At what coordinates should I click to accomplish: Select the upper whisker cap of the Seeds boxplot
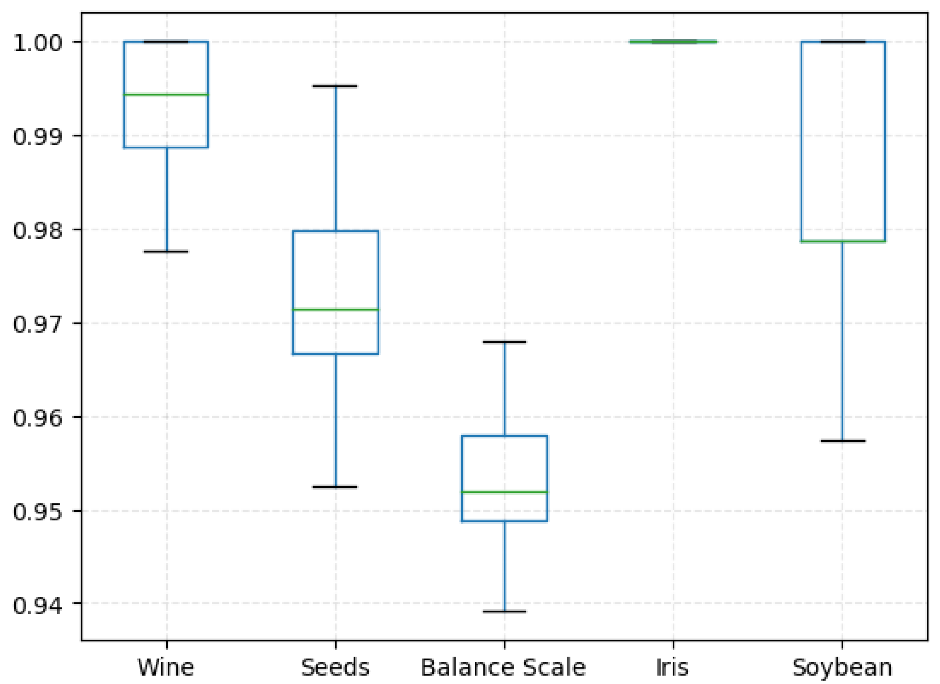pyautogui.click(x=335, y=86)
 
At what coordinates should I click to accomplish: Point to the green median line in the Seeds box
pyautogui.click(x=335, y=309)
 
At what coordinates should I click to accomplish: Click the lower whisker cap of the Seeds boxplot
pyautogui.click(x=335, y=487)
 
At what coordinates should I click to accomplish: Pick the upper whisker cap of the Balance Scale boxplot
pyautogui.click(x=504, y=342)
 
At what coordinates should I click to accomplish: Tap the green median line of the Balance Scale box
pyautogui.click(x=504, y=492)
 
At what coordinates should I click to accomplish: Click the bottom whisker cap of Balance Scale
pyautogui.click(x=504, y=611)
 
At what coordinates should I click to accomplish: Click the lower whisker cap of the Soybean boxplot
pyautogui.click(x=843, y=441)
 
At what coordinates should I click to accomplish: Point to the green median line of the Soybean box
pyautogui.click(x=843, y=241)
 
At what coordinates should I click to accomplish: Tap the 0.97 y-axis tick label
pyautogui.click(x=37, y=324)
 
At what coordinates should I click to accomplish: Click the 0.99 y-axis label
pyautogui.click(x=37, y=136)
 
